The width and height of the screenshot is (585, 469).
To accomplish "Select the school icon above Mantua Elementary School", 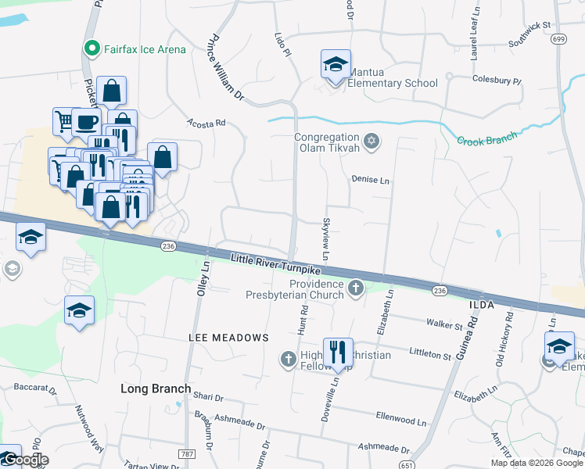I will pos(336,65).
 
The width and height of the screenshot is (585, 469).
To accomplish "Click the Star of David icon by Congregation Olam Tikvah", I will pos(372,141).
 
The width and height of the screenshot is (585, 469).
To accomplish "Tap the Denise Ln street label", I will pos(370,180).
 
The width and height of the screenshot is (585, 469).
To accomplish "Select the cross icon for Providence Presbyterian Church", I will pos(356,288).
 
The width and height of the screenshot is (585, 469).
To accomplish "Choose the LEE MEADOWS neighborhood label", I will pos(228,338).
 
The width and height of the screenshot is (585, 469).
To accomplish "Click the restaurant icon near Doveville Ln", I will pos(338,353).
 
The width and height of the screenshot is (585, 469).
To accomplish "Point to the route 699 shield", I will pos(558,38).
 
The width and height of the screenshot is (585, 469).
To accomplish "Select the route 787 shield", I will pos(186,453).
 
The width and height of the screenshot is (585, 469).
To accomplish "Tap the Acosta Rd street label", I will pos(206,123).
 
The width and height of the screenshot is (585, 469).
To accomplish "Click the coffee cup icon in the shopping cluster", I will pos(87,123).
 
